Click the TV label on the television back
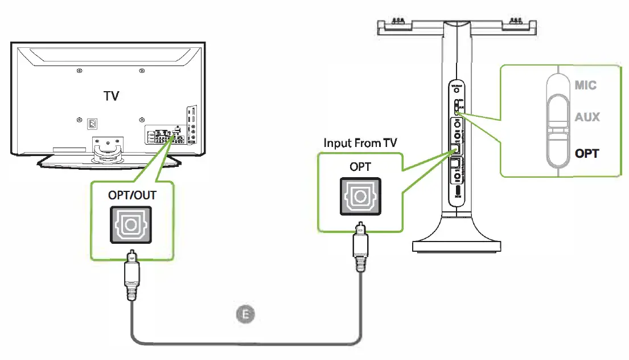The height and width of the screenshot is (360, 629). [112, 95]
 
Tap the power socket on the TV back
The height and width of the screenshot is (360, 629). [91, 122]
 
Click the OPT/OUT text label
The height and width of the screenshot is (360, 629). [132, 195]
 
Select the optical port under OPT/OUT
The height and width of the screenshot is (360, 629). [132, 226]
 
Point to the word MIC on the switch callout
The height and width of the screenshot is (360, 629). [586, 85]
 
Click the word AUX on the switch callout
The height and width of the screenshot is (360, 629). [587, 117]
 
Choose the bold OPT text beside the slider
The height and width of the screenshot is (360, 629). [587, 153]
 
